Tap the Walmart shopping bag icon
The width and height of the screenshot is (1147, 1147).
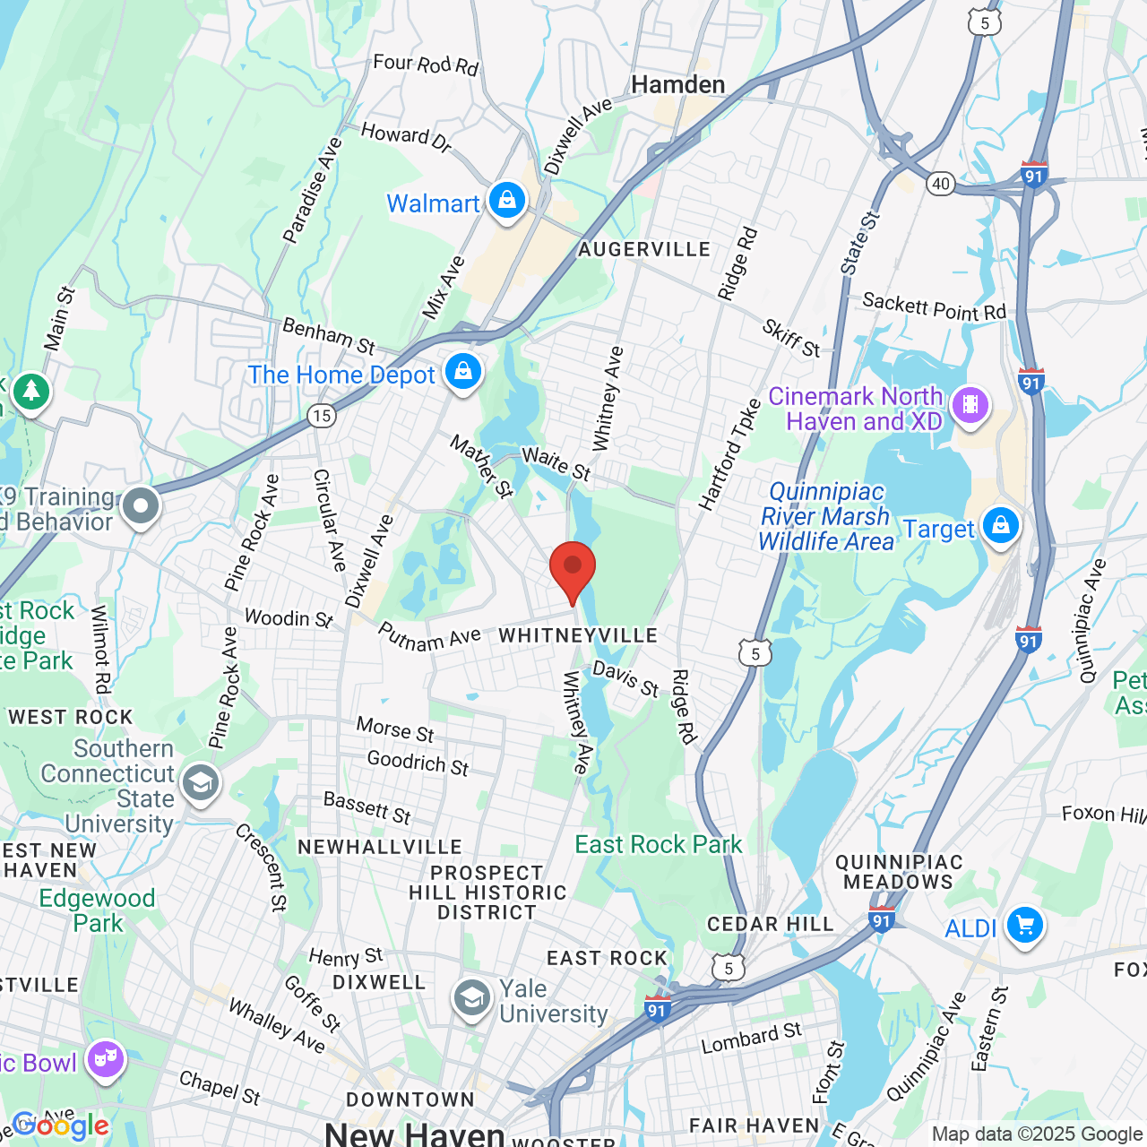coord(507,201)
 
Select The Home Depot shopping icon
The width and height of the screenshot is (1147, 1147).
coord(463,372)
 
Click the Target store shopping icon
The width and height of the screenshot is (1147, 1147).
coord(1001,526)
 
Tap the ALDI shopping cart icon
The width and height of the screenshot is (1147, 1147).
coord(1025,926)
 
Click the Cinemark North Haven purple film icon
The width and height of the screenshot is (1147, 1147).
coord(970,405)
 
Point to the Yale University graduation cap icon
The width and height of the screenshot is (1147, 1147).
coord(471,998)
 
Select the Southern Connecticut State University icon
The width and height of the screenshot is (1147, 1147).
coord(201,783)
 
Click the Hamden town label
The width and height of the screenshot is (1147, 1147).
coord(677,85)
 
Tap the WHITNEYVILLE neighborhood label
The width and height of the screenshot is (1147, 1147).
coord(578,635)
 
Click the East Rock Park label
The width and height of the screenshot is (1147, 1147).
coord(658,845)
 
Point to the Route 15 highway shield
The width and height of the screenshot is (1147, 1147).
coord(322,415)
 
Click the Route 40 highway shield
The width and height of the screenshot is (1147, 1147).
coord(940,184)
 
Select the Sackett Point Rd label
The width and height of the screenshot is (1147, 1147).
coord(934,307)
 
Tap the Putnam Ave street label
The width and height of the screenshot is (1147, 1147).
coord(429,637)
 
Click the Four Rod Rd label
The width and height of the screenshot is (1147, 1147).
coord(426,65)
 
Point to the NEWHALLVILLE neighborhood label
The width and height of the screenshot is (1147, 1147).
coord(380,847)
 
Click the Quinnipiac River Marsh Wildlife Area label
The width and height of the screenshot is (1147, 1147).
coord(825,517)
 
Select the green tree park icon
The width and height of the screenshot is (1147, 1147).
coord(31,391)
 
